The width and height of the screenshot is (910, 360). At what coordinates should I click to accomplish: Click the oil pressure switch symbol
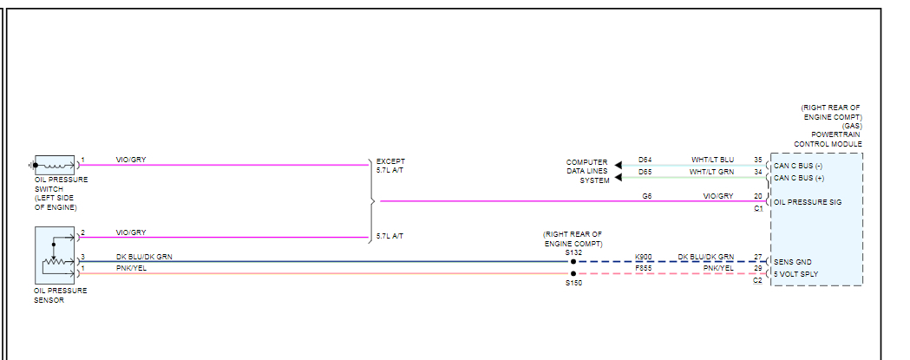point(54,165)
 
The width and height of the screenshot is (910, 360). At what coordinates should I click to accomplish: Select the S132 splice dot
point(573,261)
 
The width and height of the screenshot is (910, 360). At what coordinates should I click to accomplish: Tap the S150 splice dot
point(573,273)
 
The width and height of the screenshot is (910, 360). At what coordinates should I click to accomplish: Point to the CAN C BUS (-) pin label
point(799,165)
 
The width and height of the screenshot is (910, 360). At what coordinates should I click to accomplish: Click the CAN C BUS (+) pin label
point(799,178)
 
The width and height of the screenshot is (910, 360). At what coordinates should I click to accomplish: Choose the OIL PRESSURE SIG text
point(808,202)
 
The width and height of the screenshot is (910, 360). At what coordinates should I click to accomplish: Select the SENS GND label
point(793,261)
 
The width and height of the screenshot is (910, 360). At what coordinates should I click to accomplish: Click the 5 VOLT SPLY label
point(795,274)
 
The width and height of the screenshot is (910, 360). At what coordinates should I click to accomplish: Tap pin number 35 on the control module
point(757,160)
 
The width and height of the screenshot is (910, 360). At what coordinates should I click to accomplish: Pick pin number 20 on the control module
point(757,196)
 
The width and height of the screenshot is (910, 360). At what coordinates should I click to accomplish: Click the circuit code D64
point(645,160)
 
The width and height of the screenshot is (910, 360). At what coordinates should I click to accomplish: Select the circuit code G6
point(646,196)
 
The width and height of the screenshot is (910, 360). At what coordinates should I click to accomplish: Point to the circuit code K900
point(644,257)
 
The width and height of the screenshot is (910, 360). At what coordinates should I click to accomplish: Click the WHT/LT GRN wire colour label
point(711,172)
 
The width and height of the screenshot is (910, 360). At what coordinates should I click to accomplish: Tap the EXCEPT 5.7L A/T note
point(390,166)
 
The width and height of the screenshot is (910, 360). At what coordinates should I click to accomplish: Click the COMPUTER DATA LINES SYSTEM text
point(587,171)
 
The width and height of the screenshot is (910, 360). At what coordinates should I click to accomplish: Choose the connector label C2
point(757,281)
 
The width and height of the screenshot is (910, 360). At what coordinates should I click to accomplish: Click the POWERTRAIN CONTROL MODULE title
point(828,140)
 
